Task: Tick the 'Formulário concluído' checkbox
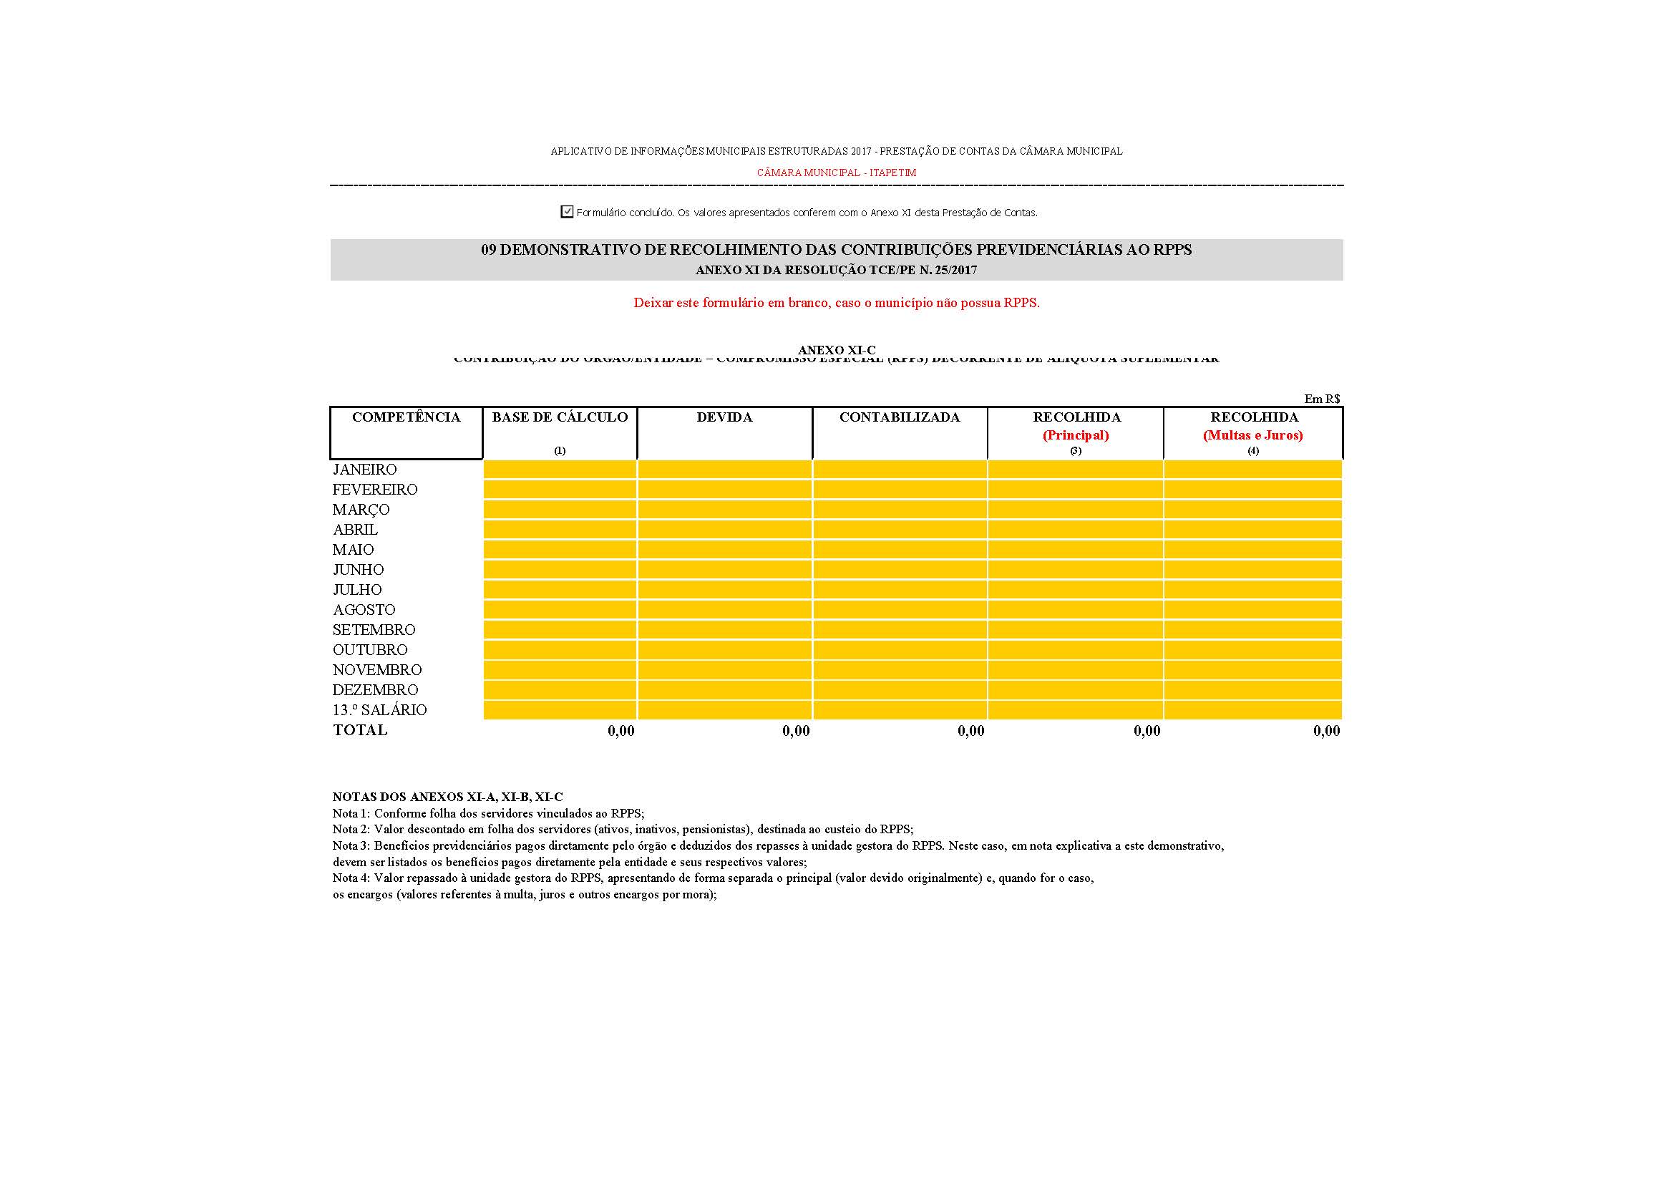point(567,211)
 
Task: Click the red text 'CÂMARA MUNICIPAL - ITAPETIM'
point(836,173)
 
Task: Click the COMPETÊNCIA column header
point(406,417)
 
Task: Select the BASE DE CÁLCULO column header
point(559,417)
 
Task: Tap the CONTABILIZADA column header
point(899,417)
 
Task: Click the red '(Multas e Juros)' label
point(1252,435)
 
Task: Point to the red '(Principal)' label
point(1076,435)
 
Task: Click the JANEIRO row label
point(364,470)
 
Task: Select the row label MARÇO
point(361,510)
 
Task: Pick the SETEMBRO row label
point(374,630)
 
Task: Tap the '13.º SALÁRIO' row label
point(379,710)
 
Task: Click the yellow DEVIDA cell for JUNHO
point(725,569)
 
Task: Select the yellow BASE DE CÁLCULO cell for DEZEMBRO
point(559,689)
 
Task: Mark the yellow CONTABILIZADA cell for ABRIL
point(899,529)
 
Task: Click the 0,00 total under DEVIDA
point(795,731)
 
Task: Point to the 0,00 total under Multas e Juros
point(1326,731)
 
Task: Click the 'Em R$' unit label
point(1322,399)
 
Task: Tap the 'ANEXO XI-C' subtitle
point(836,350)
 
